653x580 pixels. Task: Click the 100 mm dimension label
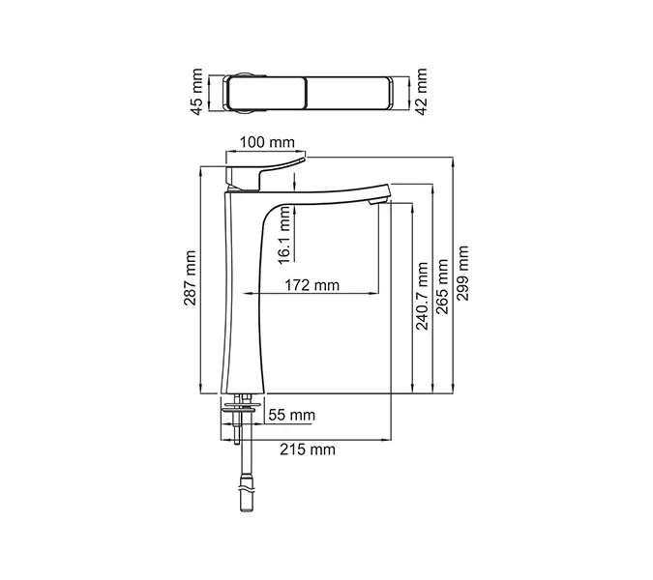pos(267,143)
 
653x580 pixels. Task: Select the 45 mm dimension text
pos(197,92)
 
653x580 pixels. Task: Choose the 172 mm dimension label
pos(312,284)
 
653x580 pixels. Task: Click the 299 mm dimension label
pos(464,274)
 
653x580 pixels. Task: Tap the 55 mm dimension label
pos(291,416)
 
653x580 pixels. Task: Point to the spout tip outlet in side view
pos(377,202)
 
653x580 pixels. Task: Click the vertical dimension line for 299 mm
pos(455,275)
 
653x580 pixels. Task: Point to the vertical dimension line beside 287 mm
pos(199,280)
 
